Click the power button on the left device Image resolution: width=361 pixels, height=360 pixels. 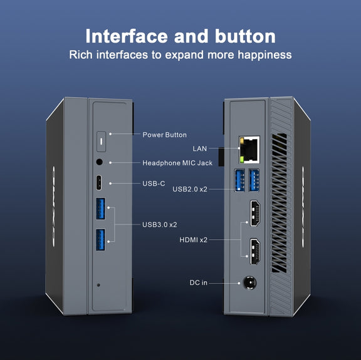(101, 141)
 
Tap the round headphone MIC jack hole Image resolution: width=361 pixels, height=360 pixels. (99, 162)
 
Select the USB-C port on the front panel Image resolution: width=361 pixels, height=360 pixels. (99, 183)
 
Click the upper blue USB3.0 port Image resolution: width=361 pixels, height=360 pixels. (101, 208)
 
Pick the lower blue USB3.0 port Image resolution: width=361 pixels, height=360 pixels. (100, 240)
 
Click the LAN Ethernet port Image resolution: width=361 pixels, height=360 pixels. (249, 150)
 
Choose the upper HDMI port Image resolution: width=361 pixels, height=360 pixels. (255, 213)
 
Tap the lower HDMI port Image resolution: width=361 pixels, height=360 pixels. (255, 252)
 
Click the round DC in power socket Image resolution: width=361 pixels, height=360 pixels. (250, 283)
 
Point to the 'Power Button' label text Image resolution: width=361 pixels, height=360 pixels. (165, 135)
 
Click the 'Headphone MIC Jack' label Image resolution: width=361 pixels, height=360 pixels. (177, 163)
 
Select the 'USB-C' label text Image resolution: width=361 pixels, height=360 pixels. (154, 183)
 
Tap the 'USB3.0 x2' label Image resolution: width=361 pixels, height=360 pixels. (160, 225)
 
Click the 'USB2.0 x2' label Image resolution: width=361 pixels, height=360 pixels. (190, 189)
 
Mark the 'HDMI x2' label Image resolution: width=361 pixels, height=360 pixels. (194, 240)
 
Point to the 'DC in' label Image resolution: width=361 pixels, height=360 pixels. (198, 282)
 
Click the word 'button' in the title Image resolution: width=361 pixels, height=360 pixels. (245, 36)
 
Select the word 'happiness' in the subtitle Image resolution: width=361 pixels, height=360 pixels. (264, 55)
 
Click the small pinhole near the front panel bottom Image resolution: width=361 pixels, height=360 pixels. (98, 285)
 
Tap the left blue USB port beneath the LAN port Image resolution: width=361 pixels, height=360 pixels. (240, 180)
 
